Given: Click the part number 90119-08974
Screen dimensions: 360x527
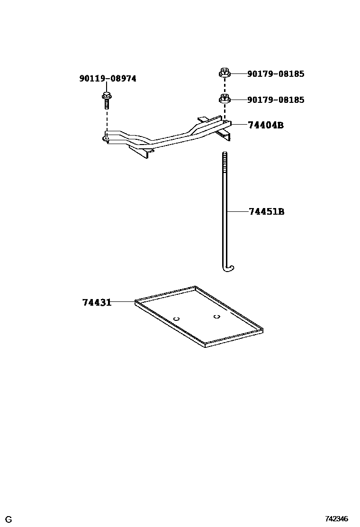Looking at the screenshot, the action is click(x=108, y=79).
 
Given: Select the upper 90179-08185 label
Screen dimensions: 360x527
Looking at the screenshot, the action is click(x=275, y=74).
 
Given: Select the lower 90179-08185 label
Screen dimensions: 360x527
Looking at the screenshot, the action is click(x=275, y=100).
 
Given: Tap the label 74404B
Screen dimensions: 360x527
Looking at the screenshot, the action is click(x=266, y=125).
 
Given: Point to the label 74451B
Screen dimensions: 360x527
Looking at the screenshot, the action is click(x=266, y=211).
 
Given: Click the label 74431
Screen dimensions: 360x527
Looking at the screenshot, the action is click(x=97, y=302).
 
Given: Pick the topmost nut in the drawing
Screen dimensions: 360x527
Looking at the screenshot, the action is click(x=225, y=73).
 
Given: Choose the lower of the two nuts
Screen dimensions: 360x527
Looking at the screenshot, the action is click(x=225, y=99).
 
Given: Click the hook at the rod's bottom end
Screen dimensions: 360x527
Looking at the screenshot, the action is click(x=228, y=269).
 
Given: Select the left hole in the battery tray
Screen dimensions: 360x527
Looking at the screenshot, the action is click(x=176, y=318).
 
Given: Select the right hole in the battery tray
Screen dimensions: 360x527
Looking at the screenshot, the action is click(x=216, y=316).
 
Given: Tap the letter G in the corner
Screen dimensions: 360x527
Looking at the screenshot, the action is click(x=9, y=520).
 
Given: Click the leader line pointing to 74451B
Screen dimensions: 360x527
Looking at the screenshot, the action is click(x=237, y=211).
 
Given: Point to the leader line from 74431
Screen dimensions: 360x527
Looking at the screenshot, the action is click(x=123, y=301).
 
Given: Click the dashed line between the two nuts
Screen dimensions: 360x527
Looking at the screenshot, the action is click(x=225, y=86).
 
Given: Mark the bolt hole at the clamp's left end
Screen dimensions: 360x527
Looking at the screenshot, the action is click(x=105, y=139).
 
